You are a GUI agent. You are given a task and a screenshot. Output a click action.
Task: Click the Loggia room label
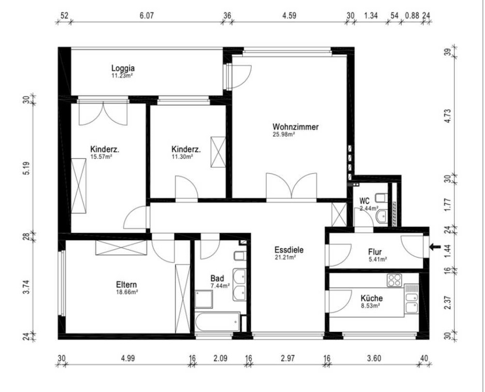click(123, 68)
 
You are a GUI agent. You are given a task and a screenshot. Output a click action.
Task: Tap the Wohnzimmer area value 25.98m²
click(283, 134)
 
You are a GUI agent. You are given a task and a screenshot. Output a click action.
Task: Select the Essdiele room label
click(289, 250)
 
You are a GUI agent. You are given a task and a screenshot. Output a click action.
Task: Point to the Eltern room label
click(126, 285)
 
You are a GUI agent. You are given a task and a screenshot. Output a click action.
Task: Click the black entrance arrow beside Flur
click(435, 246)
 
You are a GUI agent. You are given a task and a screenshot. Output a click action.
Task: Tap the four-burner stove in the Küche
click(394, 280)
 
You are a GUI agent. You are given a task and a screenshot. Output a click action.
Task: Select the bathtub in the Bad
click(218, 322)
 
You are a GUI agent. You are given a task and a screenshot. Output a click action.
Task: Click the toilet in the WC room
click(381, 197)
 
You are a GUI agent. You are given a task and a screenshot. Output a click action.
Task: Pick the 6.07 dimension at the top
click(147, 16)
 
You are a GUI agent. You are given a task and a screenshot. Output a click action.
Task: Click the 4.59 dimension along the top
click(289, 16)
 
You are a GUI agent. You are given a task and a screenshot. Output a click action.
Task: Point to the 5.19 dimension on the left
click(26, 168)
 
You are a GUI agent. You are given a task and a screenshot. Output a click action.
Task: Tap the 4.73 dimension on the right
click(447, 116)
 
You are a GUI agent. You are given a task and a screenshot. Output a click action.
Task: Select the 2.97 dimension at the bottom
click(288, 358)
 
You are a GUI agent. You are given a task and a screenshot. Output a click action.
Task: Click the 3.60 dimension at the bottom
click(374, 358)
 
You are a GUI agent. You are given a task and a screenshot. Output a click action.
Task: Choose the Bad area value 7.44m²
click(220, 286)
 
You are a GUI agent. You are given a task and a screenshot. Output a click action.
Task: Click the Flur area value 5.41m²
click(378, 259)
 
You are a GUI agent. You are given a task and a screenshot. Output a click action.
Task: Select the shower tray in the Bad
click(204, 299)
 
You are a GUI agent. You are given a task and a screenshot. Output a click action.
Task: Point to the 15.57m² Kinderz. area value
click(101, 157)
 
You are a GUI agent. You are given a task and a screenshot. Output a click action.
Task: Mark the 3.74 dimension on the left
click(26, 287)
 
